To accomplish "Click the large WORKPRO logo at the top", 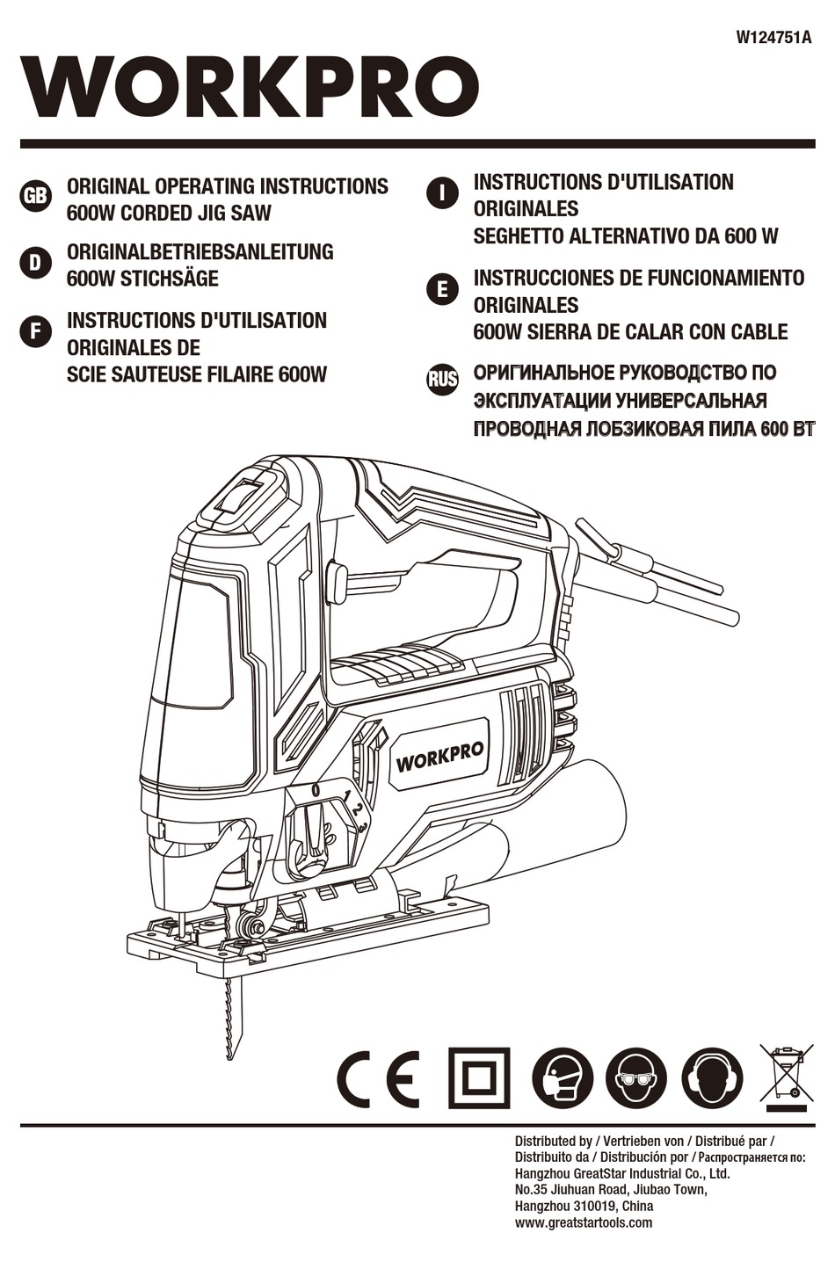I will click(x=250, y=87).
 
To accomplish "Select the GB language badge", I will click(x=35, y=195).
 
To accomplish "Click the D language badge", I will click(x=35, y=262).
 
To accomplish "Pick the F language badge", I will click(x=35, y=331).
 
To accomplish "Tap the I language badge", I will click(x=442, y=192).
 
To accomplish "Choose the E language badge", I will click(x=442, y=289).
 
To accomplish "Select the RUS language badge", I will click(x=442, y=380).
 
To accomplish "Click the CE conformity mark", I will click(x=378, y=1078).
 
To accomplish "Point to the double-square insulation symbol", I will click(x=479, y=1078).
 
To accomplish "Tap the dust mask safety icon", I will click(x=563, y=1078).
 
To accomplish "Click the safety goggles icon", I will click(x=636, y=1078).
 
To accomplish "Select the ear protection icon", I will click(x=712, y=1078).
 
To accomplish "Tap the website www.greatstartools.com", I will click(x=584, y=1222).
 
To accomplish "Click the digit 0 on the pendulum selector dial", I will click(x=315, y=790).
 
